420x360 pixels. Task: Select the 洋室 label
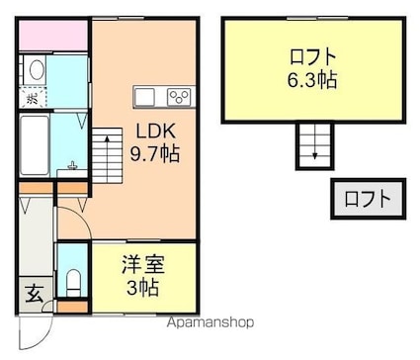pos(142,265)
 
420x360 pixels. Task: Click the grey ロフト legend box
pos(367,199)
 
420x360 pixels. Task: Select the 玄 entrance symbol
pos(34,293)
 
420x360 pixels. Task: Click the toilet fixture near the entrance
pos(72,280)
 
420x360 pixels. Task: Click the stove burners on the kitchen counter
pos(178,96)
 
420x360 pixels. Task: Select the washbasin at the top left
pos(35,70)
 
